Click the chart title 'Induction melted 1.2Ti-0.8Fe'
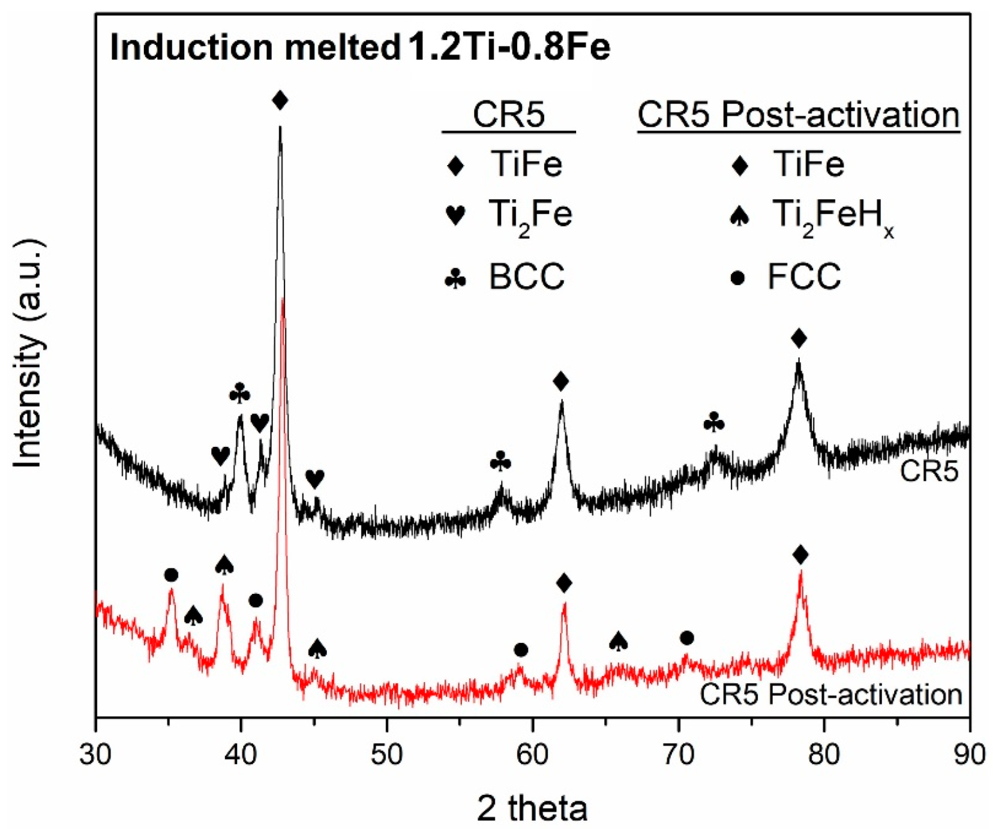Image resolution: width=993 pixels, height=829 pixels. click(x=360, y=48)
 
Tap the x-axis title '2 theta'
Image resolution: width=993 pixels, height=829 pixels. click(x=532, y=808)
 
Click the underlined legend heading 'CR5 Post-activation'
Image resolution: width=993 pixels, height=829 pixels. click(x=798, y=116)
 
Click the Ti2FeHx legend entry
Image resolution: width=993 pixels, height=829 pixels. click(x=812, y=217)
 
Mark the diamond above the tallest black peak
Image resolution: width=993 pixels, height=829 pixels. click(x=279, y=100)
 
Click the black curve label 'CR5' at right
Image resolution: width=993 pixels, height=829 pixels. click(x=929, y=471)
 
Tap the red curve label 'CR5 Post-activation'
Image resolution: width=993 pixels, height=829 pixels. click(x=830, y=694)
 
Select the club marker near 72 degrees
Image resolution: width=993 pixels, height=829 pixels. click(x=714, y=423)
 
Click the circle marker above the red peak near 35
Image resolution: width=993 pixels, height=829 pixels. click(x=171, y=575)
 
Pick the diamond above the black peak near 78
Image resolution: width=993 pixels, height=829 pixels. click(x=798, y=338)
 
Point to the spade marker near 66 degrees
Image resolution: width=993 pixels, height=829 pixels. click(x=618, y=641)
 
